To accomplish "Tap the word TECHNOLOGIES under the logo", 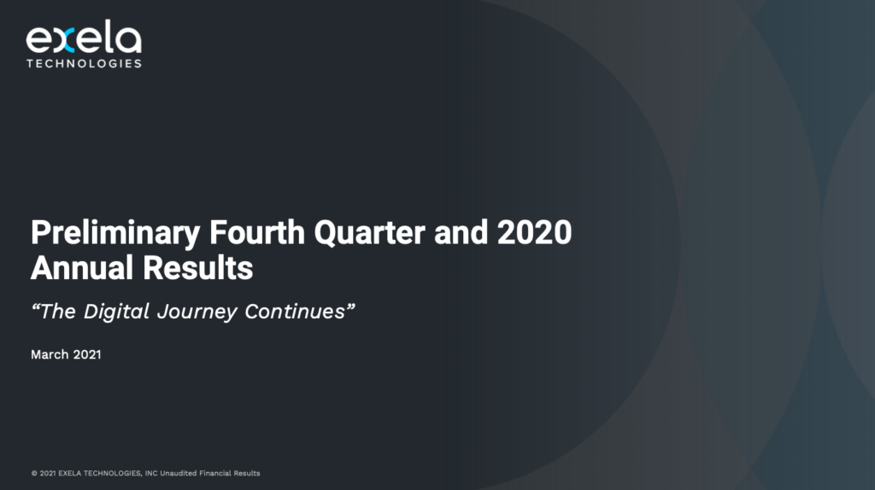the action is tap(84, 63).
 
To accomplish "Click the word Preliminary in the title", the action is tap(115, 233).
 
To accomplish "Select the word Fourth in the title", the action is tap(257, 232).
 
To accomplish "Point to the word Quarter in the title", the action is tap(369, 232).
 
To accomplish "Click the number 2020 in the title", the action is tap(535, 232).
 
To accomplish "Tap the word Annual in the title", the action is tap(82, 267).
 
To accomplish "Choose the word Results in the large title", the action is tap(197, 267).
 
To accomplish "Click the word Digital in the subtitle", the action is tap(116, 312).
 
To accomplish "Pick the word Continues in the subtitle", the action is tap(295, 312).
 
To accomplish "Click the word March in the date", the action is tap(50, 354).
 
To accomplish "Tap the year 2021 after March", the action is tap(87, 354).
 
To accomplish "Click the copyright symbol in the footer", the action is tap(34, 473).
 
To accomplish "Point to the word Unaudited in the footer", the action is tap(179, 473).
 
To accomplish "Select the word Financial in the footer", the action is tap(215, 473).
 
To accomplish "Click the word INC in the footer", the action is tap(151, 473).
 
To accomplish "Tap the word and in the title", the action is tap(461, 232).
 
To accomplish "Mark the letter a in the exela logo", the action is tap(130, 40).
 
